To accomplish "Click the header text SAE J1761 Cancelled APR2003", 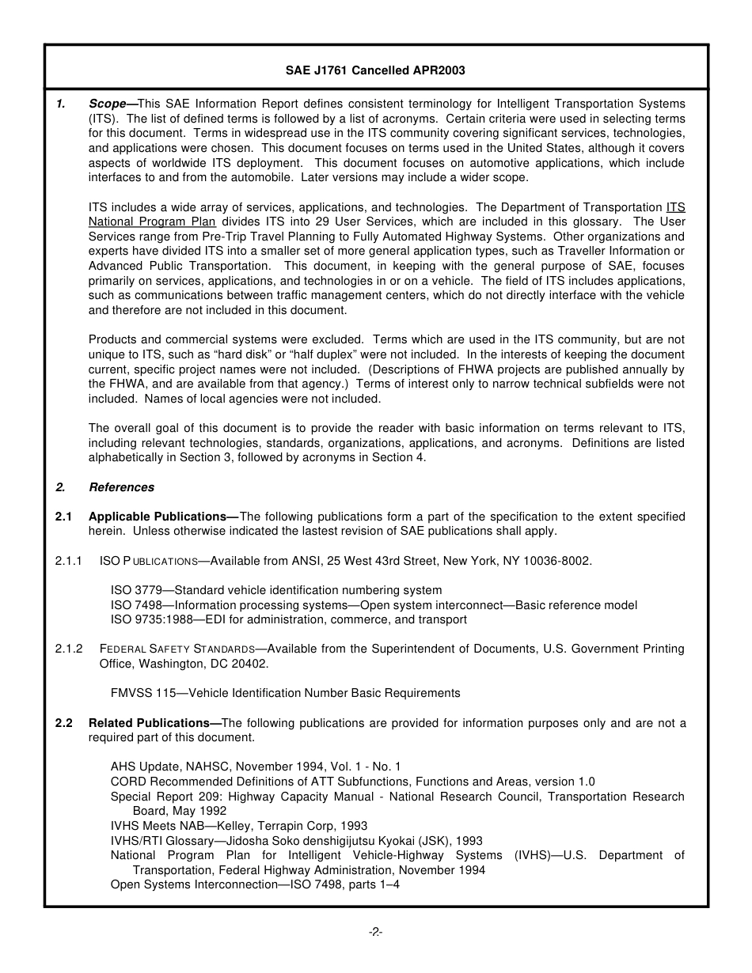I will pos(375,70).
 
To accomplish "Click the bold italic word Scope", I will pos(107,104).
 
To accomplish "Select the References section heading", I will pos(121,487).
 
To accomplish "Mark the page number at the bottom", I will pos(375,932).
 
